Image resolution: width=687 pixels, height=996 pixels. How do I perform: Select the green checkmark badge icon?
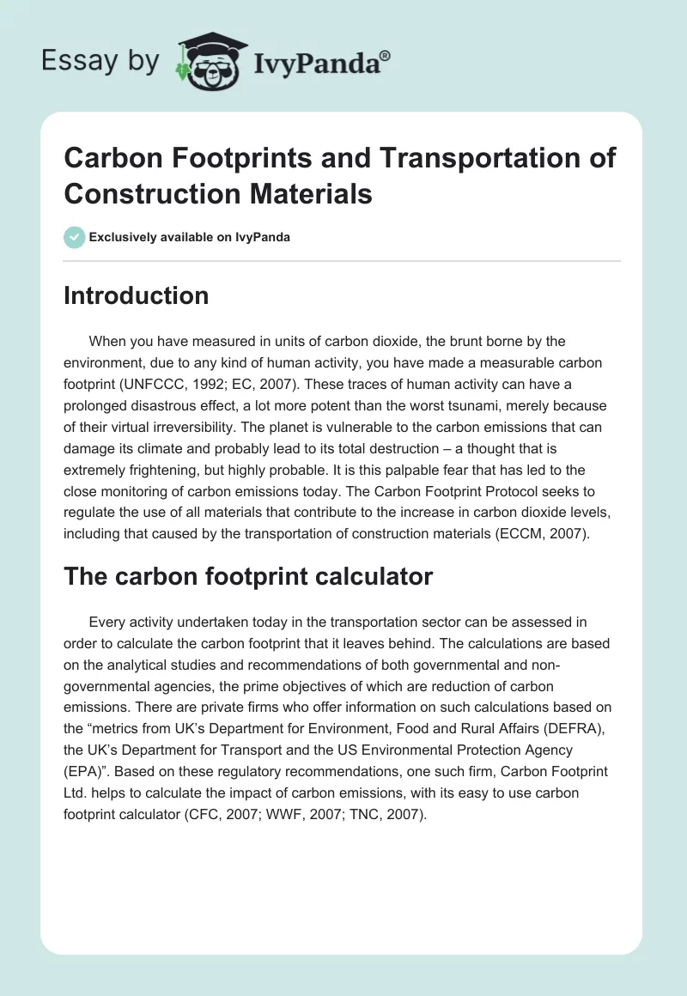[75, 237]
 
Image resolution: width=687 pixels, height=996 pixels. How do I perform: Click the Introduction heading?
[136, 295]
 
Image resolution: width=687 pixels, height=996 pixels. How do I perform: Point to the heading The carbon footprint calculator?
[248, 577]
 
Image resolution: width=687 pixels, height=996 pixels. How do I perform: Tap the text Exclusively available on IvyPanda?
[190, 237]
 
